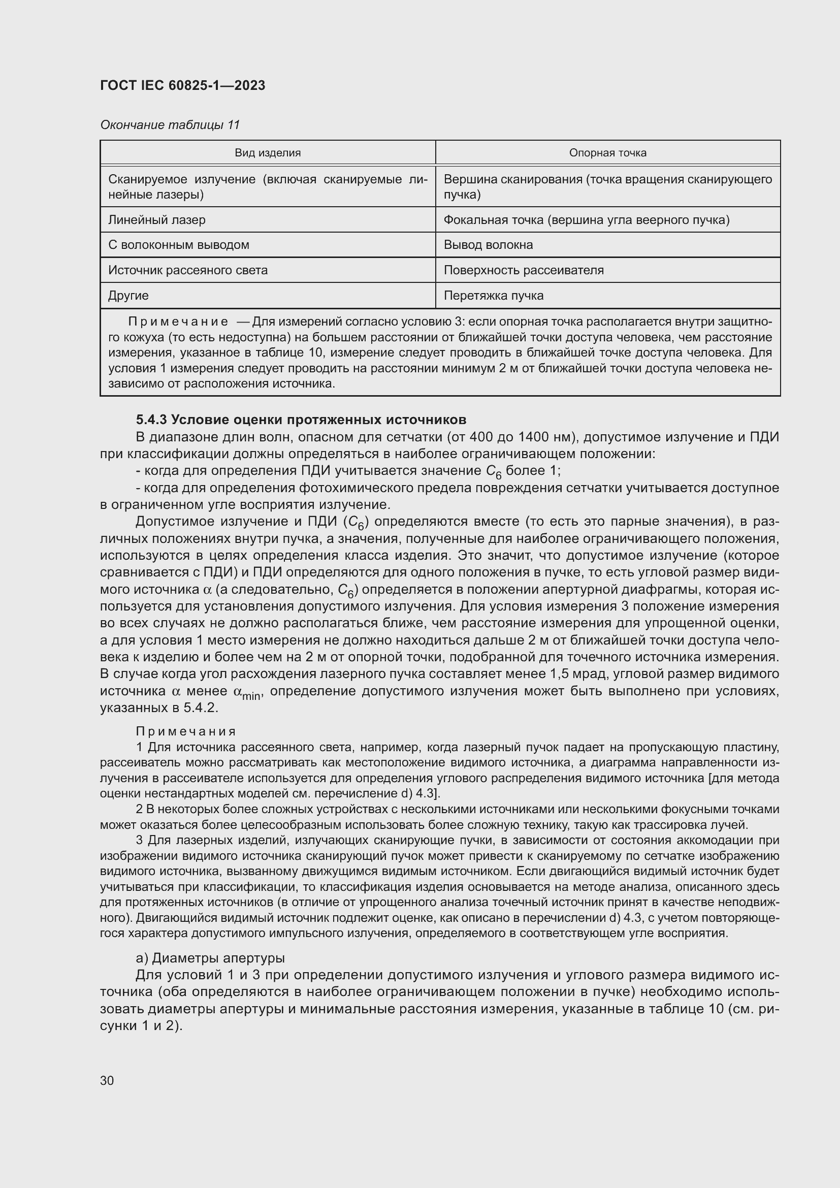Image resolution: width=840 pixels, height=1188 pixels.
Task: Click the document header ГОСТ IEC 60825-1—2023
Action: (183, 85)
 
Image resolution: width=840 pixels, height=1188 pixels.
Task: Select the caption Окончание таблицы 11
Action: (170, 125)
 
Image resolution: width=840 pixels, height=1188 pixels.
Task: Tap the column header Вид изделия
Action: (268, 153)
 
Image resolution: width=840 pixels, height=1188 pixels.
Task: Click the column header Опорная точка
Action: (607, 153)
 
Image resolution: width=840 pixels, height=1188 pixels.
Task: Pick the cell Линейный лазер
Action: (157, 220)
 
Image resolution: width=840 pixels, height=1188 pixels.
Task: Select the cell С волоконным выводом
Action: (178, 245)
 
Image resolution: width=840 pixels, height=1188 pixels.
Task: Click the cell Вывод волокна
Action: (488, 245)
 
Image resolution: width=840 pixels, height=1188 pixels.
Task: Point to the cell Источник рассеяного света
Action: (188, 270)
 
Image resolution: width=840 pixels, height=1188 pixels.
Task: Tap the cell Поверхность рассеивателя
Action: (524, 270)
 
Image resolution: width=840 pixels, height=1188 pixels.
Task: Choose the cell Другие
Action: (128, 296)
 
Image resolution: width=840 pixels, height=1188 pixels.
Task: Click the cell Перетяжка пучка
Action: (494, 296)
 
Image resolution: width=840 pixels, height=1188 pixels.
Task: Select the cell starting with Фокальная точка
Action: (586, 220)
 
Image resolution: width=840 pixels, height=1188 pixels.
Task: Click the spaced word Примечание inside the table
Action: (178, 322)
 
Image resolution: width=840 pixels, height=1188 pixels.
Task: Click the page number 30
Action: (107, 1080)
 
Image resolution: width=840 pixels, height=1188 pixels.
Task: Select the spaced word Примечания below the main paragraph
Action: (186, 731)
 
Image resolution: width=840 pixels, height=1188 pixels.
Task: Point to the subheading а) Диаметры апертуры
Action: (210, 958)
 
